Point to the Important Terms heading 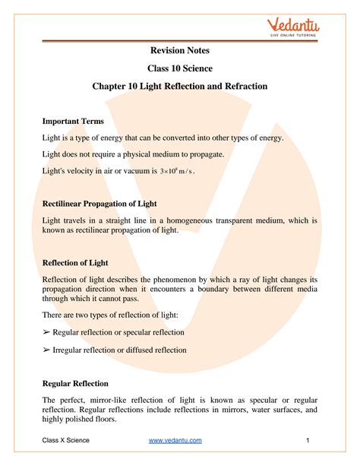73,121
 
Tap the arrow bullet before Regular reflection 46,332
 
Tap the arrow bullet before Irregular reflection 46,350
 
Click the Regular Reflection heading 75,383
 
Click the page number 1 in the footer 309,440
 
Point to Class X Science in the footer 65,440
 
